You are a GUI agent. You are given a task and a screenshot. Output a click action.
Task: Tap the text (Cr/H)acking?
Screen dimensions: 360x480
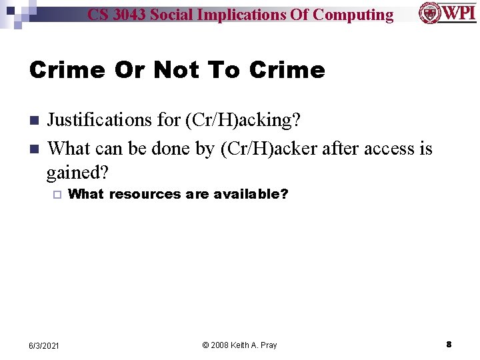click(x=243, y=120)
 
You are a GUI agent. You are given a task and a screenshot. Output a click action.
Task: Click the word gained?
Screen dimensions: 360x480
click(x=77, y=173)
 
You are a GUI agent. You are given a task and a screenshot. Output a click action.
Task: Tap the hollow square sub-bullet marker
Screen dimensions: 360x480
click(x=57, y=195)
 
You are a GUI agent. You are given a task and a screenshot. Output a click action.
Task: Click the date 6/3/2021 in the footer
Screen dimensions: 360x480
click(x=44, y=345)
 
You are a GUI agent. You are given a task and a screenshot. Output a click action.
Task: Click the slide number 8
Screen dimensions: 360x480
click(x=449, y=345)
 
